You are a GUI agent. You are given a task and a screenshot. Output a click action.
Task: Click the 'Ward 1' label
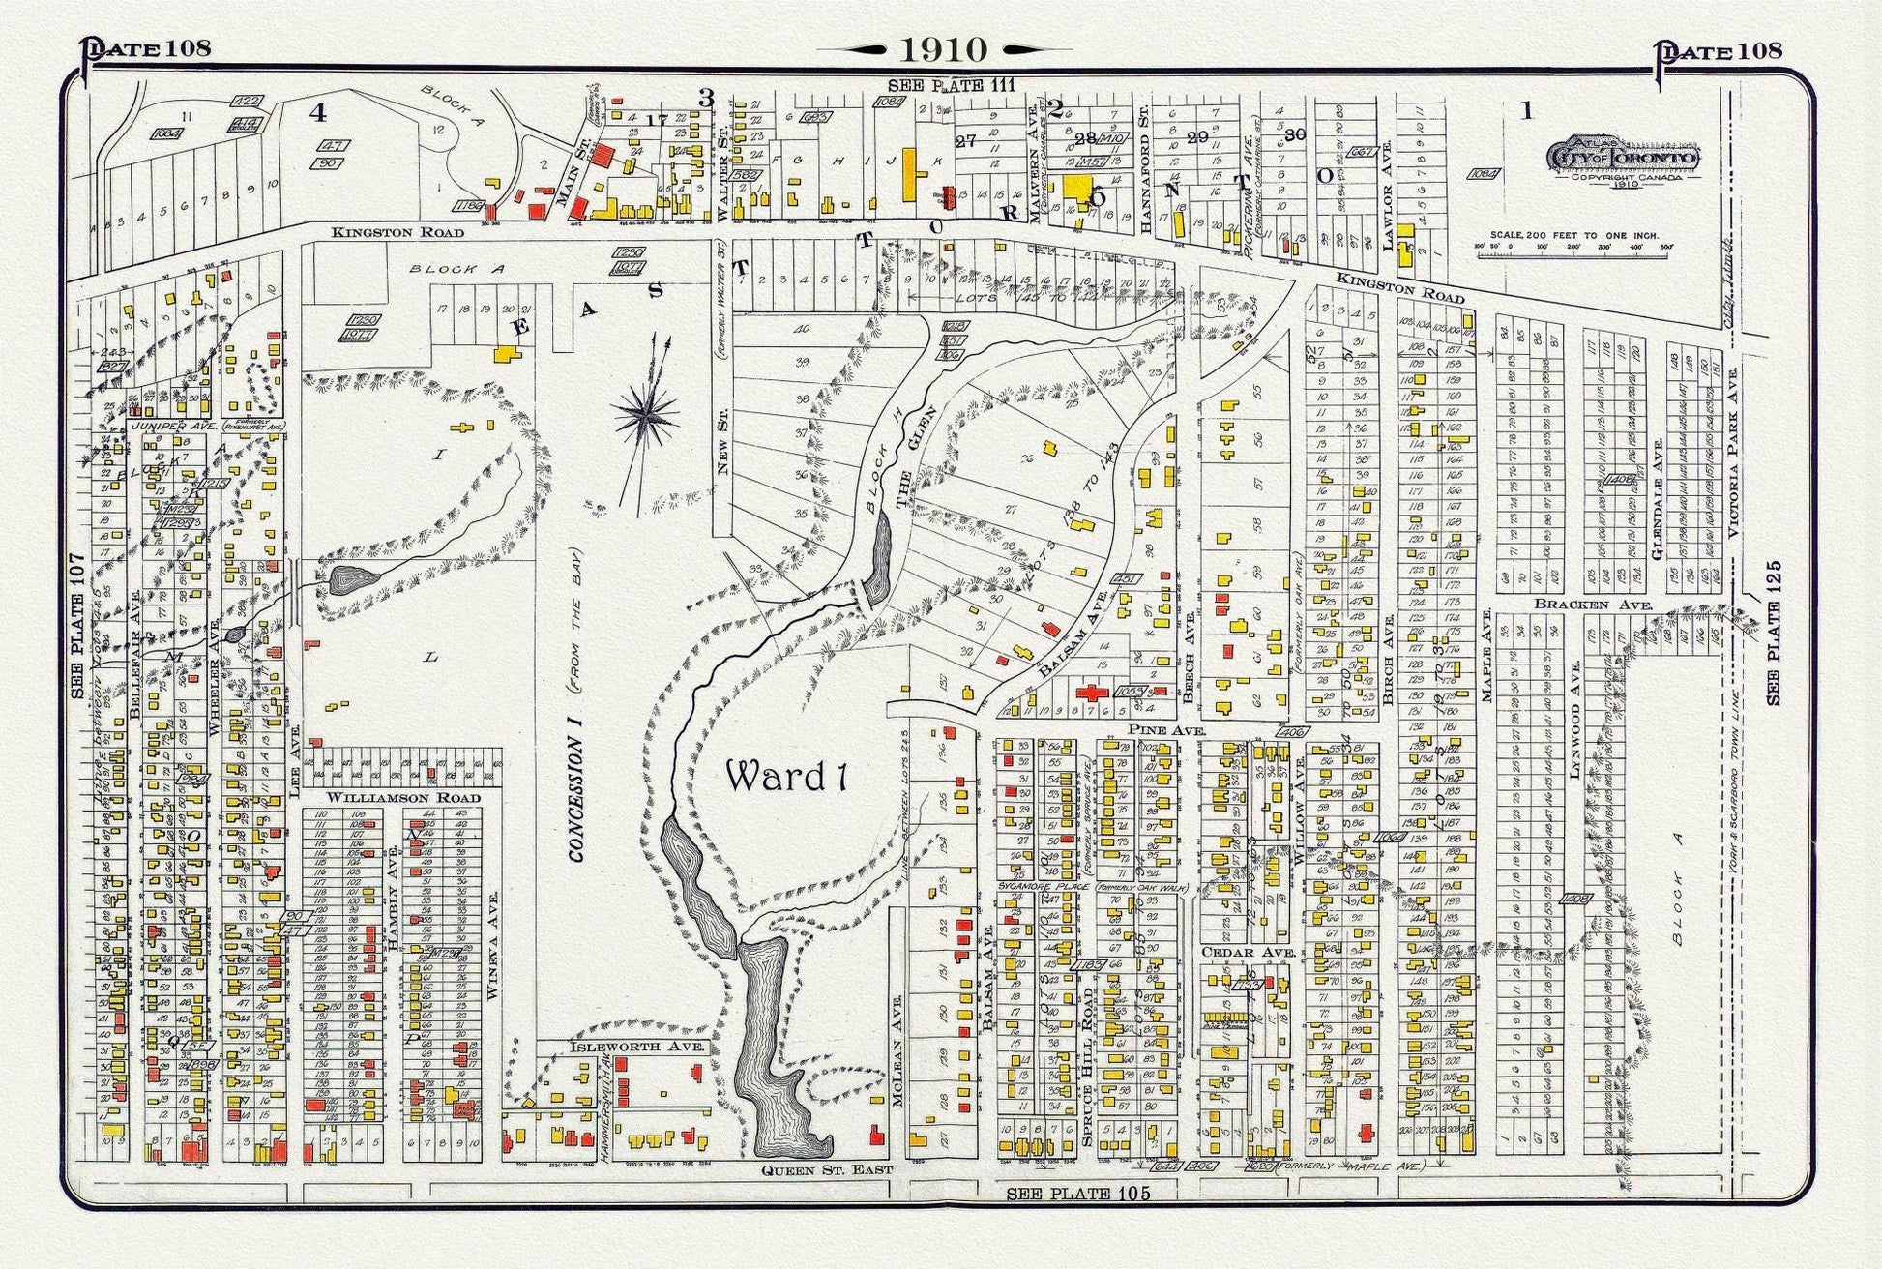pyautogui.click(x=786, y=776)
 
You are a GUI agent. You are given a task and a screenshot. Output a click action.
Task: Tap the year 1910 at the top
pyautogui.click(x=944, y=48)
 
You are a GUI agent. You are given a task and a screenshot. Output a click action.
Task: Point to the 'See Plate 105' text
pyautogui.click(x=1078, y=1194)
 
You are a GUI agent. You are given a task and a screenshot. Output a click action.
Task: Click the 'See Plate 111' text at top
pyautogui.click(x=952, y=85)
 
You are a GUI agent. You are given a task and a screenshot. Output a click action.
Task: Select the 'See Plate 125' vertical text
pyautogui.click(x=1774, y=633)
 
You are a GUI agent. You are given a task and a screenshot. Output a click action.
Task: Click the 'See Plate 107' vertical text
pyautogui.click(x=79, y=627)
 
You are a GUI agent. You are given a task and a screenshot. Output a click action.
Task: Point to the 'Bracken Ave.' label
pyautogui.click(x=1593, y=605)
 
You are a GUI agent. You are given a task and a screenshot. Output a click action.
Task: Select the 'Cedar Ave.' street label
pyautogui.click(x=1234, y=952)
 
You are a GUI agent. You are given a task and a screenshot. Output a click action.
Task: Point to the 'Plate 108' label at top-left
pyautogui.click(x=146, y=48)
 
